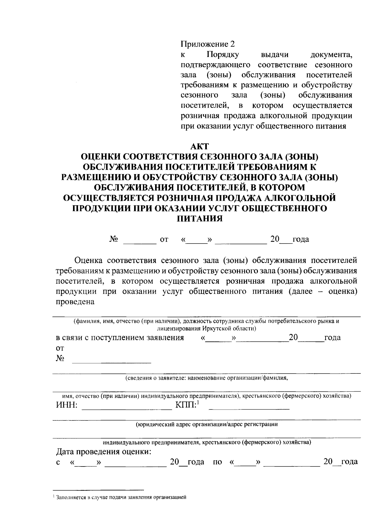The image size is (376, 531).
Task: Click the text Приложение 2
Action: [x=207, y=44]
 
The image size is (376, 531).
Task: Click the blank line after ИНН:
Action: [x=127, y=409]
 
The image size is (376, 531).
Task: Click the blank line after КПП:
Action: [x=249, y=409]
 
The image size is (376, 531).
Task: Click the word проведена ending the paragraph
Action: [x=75, y=302]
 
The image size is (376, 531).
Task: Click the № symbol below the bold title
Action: [x=114, y=240]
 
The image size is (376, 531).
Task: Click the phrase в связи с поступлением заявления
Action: [x=120, y=338]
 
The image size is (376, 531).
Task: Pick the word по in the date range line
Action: [x=217, y=462]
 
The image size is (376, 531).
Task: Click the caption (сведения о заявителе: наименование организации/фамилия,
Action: [x=206, y=378]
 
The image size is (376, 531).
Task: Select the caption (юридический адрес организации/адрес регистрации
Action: [x=206, y=425]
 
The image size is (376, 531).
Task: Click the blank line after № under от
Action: [x=112, y=362]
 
